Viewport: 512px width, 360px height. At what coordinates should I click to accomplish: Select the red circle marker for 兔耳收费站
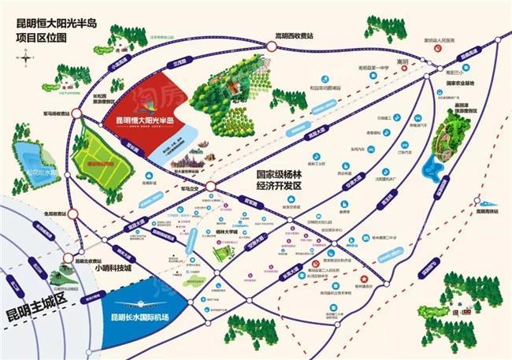(72, 213)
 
